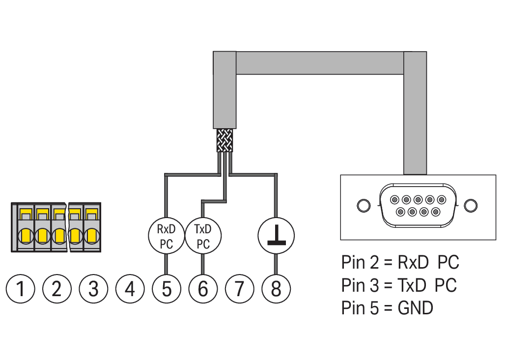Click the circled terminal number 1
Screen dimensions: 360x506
click(21, 289)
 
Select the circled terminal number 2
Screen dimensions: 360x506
click(57, 289)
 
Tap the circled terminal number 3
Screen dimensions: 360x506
click(93, 289)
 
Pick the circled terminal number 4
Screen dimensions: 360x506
click(130, 289)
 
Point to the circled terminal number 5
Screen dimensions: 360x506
click(166, 289)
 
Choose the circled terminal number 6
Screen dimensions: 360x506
click(202, 289)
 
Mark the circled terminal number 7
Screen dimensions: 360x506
click(239, 289)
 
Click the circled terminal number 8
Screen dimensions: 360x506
click(276, 289)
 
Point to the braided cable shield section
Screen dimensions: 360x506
click(225, 140)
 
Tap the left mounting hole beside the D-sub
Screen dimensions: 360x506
click(363, 205)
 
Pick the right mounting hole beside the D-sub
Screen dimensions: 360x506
click(471, 205)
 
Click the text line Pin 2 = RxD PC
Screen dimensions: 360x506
click(400, 263)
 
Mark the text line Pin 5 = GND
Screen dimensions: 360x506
click(387, 308)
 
